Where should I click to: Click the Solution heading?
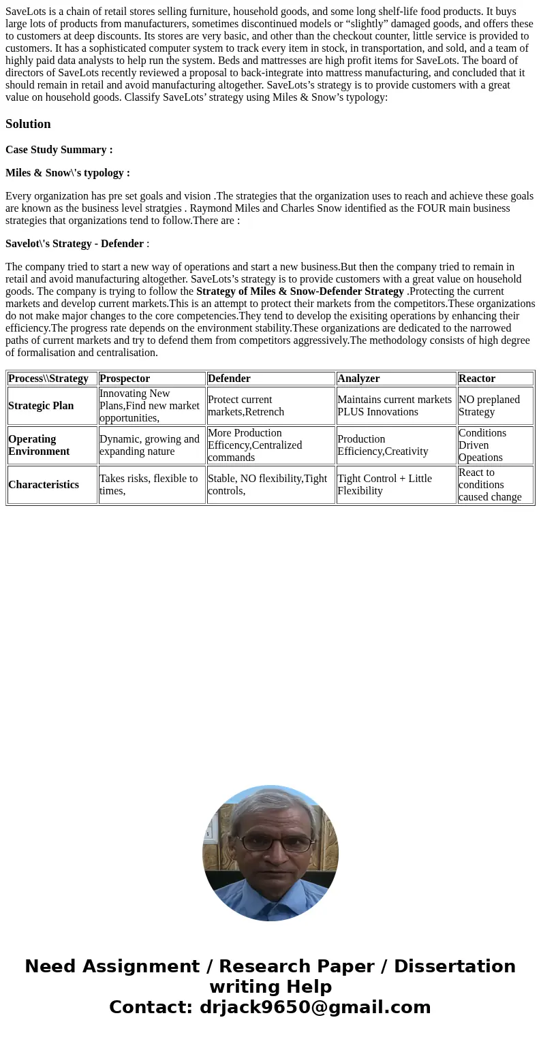pyautogui.click(x=28, y=124)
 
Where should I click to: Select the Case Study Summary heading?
pyautogui.click(x=59, y=150)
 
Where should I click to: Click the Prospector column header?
pyautogui.click(x=125, y=379)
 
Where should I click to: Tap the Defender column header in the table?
pyautogui.click(x=229, y=379)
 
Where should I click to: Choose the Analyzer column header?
pyautogui.click(x=358, y=379)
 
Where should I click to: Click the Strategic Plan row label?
pyautogui.click(x=41, y=406)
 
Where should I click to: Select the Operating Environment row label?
pyautogui.click(x=39, y=445)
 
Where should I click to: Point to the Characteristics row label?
pyautogui.click(x=44, y=485)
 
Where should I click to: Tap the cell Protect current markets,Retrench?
pyautogui.click(x=246, y=406)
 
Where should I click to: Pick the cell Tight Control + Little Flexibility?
pyautogui.click(x=384, y=485)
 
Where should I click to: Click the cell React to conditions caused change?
pyautogui.click(x=490, y=485)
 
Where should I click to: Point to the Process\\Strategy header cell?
pyautogui.click(x=48, y=379)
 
